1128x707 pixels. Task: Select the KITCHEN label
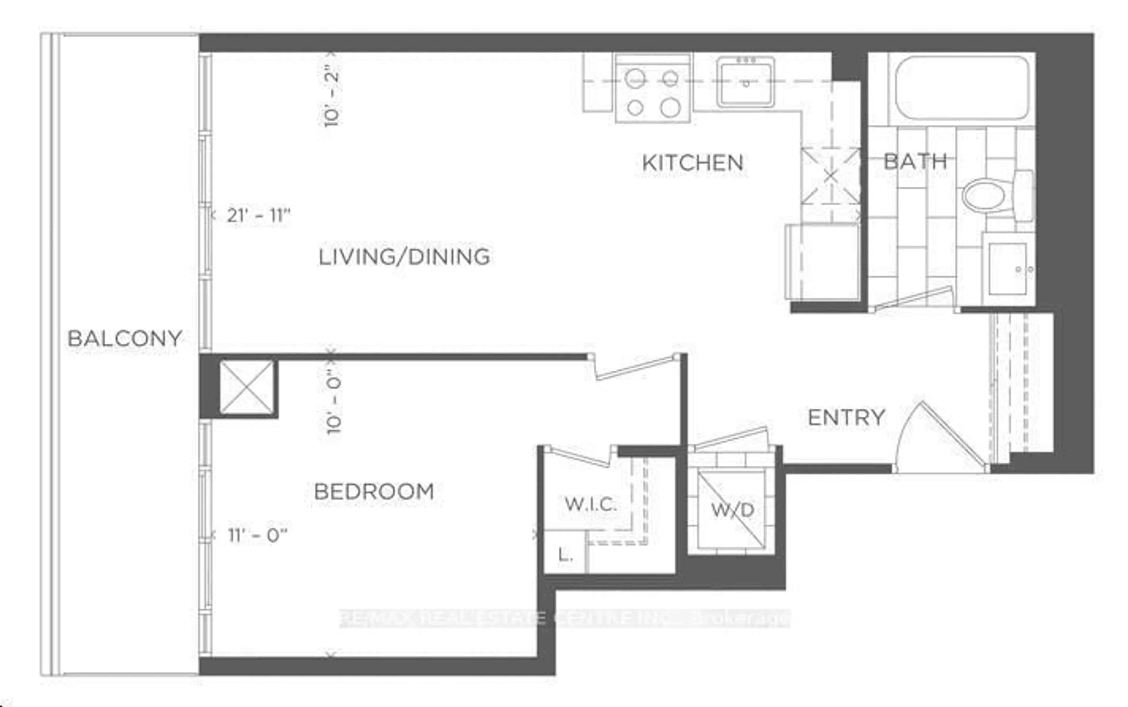click(x=692, y=163)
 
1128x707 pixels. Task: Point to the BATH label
click(x=915, y=162)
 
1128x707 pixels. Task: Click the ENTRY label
click(x=846, y=417)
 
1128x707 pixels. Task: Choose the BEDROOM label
click(x=374, y=492)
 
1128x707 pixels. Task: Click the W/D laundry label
click(x=732, y=510)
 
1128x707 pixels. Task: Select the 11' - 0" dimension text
click(x=257, y=535)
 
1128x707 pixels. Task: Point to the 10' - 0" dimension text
click(x=334, y=401)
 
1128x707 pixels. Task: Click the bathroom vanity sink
click(x=1008, y=269)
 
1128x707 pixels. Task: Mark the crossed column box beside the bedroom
click(x=246, y=387)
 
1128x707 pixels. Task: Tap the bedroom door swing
click(x=635, y=367)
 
